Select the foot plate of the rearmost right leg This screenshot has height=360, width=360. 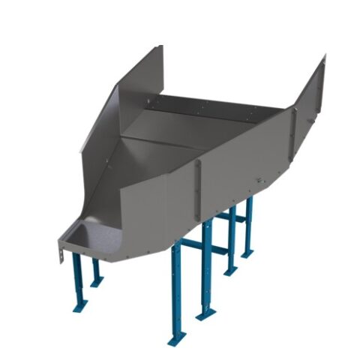coord(247,254)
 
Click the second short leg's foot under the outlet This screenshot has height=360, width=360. coord(97,283)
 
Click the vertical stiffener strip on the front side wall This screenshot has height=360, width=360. coord(199,191)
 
